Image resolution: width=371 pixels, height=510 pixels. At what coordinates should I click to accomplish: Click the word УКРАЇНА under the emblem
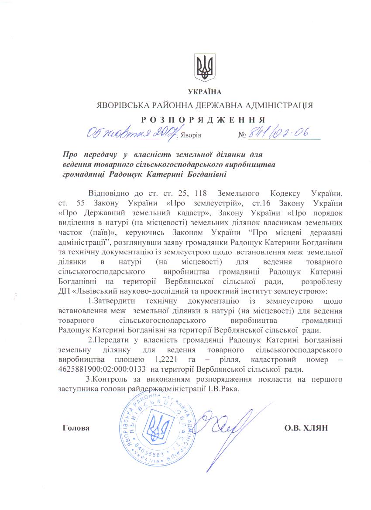(x=204, y=92)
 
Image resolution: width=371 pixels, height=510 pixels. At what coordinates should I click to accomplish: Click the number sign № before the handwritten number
(x=243, y=135)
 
